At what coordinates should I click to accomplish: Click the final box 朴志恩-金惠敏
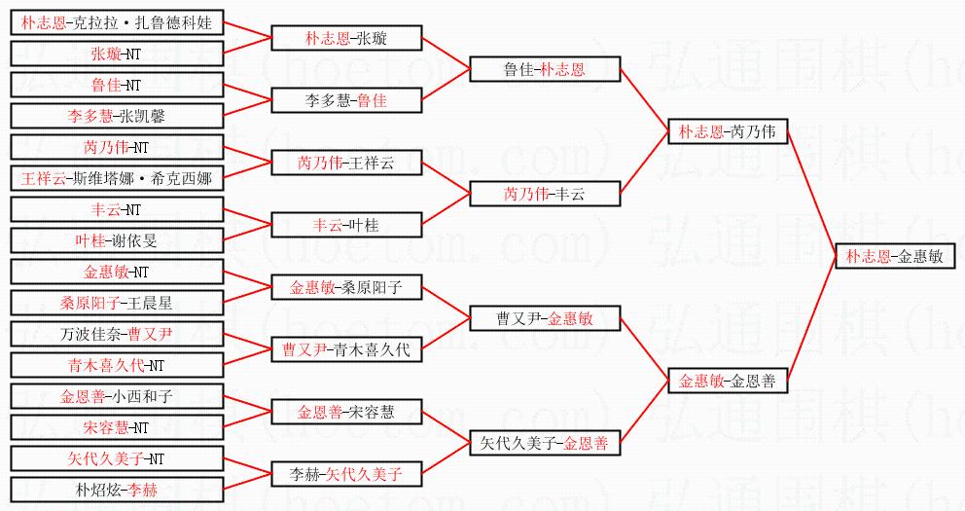point(894,257)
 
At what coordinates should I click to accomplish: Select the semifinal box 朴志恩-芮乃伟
point(728,132)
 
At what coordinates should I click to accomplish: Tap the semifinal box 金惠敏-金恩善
point(728,382)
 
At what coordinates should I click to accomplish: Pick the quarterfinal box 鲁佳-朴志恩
point(545,70)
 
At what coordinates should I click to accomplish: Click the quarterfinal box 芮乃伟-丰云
point(545,195)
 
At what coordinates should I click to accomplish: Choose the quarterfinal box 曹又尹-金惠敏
point(545,319)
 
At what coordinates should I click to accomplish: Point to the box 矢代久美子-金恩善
point(545,444)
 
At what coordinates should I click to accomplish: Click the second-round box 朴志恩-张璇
point(346,39)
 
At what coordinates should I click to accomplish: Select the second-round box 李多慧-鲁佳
point(346,100)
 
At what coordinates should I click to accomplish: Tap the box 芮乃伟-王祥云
point(346,163)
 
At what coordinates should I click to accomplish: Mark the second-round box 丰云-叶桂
point(346,225)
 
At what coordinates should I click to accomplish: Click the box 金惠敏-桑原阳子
point(346,287)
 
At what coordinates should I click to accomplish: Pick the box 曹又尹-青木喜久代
point(346,350)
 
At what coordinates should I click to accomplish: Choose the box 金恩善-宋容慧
point(346,413)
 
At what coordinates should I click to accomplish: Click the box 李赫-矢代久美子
point(346,475)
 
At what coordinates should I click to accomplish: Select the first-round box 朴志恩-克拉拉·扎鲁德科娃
point(118,22)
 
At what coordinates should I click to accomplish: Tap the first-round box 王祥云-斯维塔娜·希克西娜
point(118,178)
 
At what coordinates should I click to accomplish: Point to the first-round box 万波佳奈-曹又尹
point(118,334)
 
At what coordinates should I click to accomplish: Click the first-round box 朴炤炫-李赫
point(118,490)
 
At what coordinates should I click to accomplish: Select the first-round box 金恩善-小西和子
point(118,396)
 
